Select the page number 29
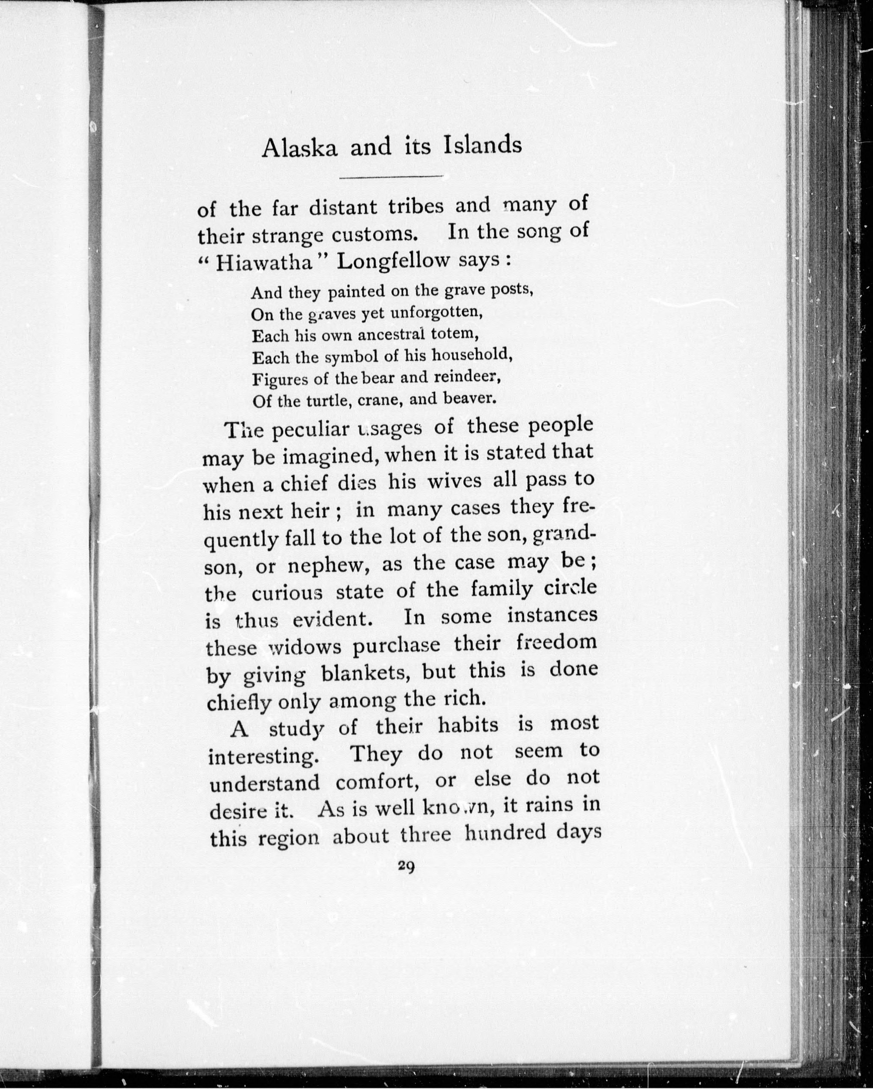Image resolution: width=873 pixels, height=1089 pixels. click(x=406, y=866)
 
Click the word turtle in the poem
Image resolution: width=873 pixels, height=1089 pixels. click(x=328, y=401)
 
